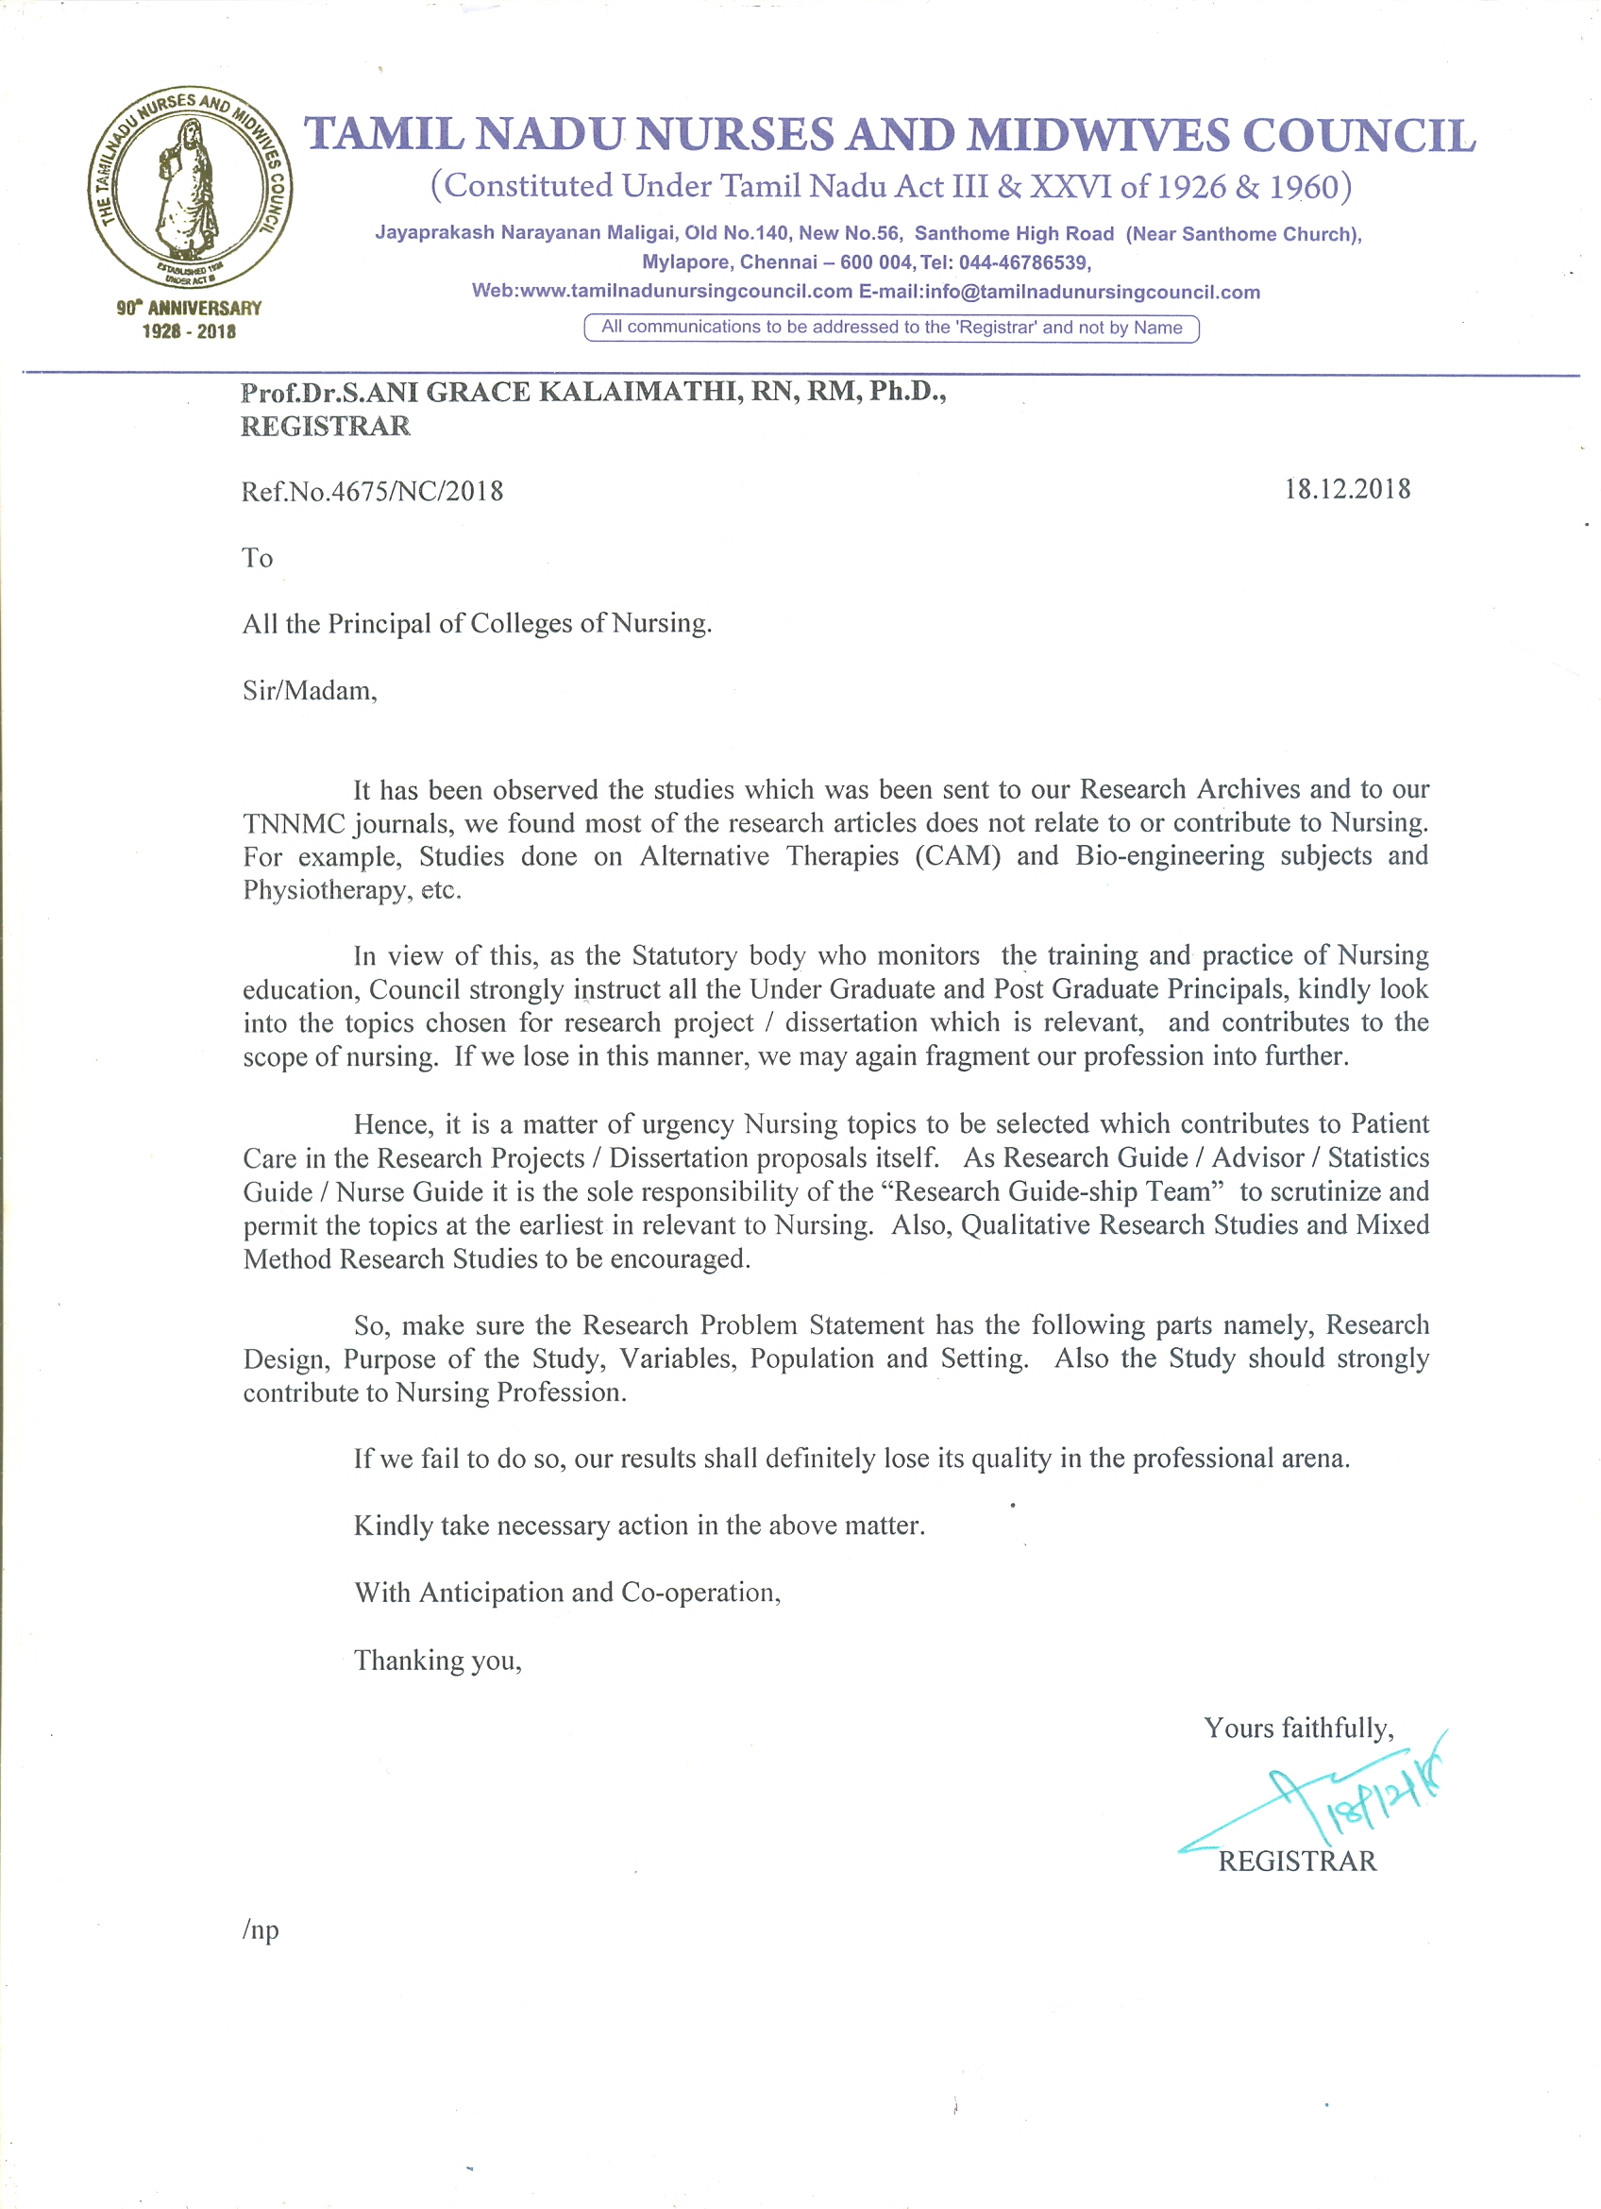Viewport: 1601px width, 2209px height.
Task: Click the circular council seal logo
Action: tap(190, 187)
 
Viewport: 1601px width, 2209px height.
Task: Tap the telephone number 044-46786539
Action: tap(1023, 263)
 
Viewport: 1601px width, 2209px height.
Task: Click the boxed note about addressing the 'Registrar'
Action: tap(891, 329)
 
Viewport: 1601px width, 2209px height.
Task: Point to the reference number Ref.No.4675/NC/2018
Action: tap(372, 491)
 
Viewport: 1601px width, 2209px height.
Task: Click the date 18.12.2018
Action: tap(1347, 489)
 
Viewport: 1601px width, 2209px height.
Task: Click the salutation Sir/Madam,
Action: tap(310, 691)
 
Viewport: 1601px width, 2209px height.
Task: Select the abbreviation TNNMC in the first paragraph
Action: tap(295, 824)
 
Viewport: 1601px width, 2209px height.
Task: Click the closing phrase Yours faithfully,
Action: tap(1298, 1728)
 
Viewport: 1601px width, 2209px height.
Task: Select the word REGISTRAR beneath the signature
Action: tap(1297, 1862)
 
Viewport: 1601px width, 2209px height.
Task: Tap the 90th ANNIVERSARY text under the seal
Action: tap(189, 309)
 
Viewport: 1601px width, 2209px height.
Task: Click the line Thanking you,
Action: tap(437, 1660)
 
